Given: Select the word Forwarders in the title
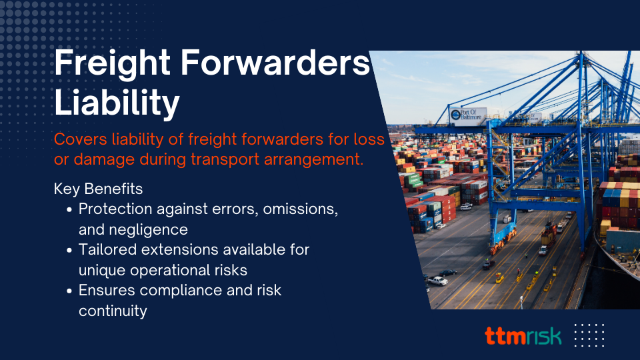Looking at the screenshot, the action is coord(275,63).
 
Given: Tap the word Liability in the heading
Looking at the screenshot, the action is coord(117,103).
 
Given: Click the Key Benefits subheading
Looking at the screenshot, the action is coord(99,189).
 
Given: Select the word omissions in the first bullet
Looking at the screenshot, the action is coord(301,209).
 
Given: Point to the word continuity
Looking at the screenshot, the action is coord(113,311).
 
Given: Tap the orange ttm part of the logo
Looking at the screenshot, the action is coord(505,335).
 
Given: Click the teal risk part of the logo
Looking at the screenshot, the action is coord(543,335).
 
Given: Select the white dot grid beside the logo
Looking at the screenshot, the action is coord(589,335).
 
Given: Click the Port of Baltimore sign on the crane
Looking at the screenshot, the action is coord(468,115).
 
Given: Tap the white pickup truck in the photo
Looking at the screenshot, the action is coord(437,281).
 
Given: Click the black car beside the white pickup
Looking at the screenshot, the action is coord(448,273).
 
